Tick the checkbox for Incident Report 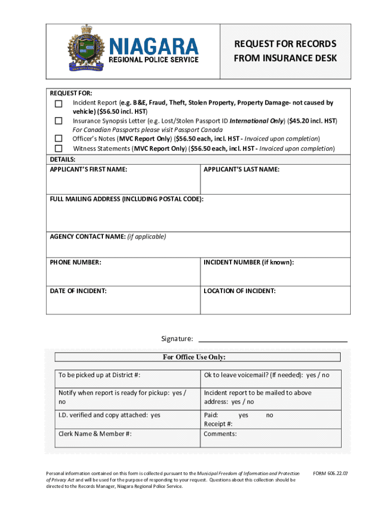[x=59, y=103]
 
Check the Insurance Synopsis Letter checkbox [x=59, y=121]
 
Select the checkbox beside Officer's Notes [x=59, y=139]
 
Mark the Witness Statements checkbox [x=59, y=148]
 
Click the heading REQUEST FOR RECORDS [x=285, y=44]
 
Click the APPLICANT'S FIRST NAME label [x=88, y=169]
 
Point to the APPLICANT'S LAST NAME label [x=241, y=169]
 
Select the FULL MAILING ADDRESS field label [x=126, y=199]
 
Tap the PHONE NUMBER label [x=75, y=263]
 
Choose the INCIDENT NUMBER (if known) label [x=248, y=263]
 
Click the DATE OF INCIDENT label [x=78, y=291]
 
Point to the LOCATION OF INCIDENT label [x=240, y=291]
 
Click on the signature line [x=272, y=340]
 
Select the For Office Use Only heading [x=194, y=357]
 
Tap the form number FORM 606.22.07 [x=331, y=474]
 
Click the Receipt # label [x=218, y=424]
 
